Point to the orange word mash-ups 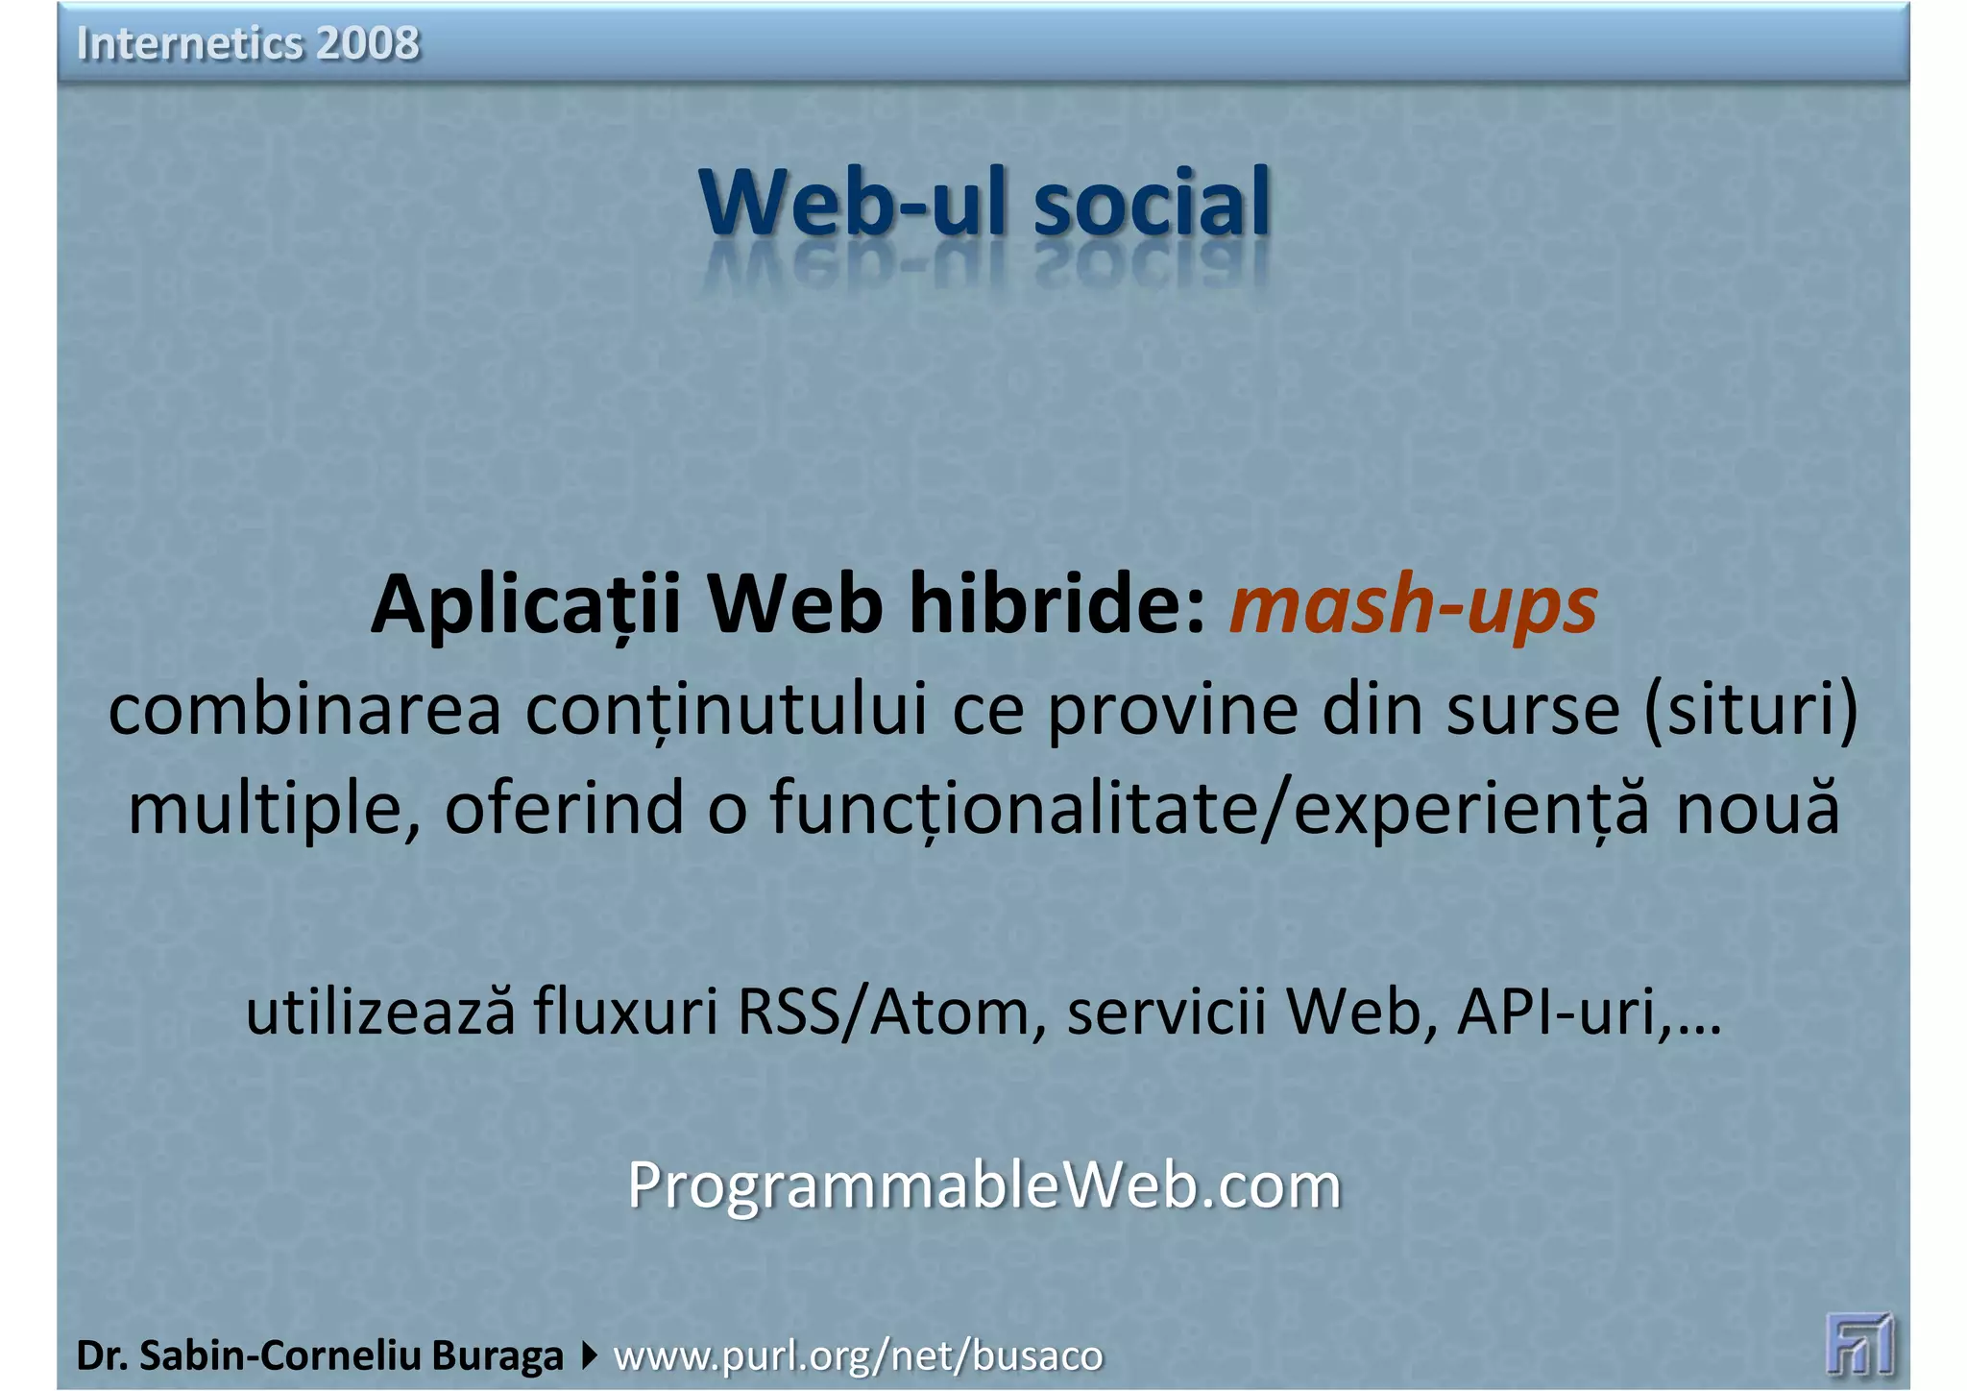[1413, 605]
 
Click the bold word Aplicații [525, 605]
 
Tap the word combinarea [304, 711]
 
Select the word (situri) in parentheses [1751, 711]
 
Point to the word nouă [1758, 807]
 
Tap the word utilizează [380, 1013]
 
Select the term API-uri [1556, 1013]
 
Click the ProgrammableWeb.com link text [983, 1185]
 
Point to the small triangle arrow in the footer [589, 1355]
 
